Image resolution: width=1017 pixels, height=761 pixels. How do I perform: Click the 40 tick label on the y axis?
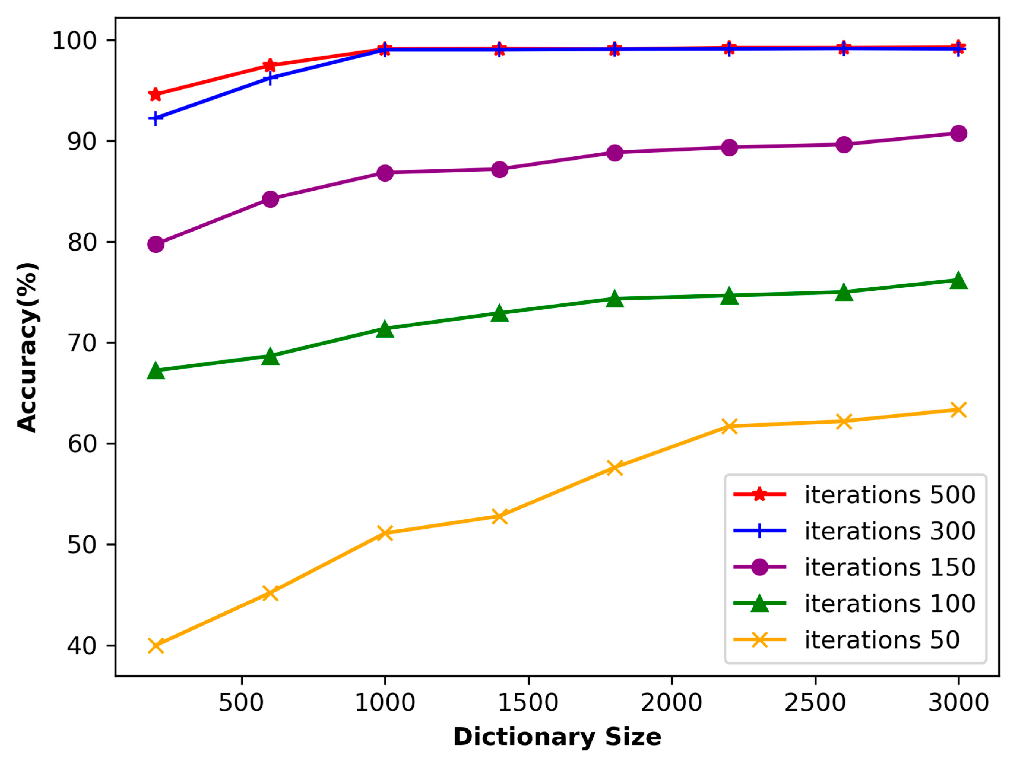tap(82, 646)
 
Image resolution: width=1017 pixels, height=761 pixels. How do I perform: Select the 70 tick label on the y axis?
tap(82, 343)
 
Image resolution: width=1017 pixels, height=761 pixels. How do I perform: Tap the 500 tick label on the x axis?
tap(241, 703)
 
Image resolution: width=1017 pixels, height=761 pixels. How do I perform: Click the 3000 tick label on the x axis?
tap(959, 703)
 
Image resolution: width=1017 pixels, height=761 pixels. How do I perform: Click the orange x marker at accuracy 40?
tap(156, 646)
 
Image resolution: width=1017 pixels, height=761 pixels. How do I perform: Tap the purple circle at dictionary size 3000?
tap(959, 133)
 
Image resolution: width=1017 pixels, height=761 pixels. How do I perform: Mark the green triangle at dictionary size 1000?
tap(385, 329)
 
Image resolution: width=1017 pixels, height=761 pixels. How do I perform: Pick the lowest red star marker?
tap(156, 94)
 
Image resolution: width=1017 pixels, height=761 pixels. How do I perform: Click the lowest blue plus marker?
tap(156, 119)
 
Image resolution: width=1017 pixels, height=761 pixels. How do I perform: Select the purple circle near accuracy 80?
tap(156, 244)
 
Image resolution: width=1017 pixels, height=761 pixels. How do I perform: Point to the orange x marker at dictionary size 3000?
tap(959, 410)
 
